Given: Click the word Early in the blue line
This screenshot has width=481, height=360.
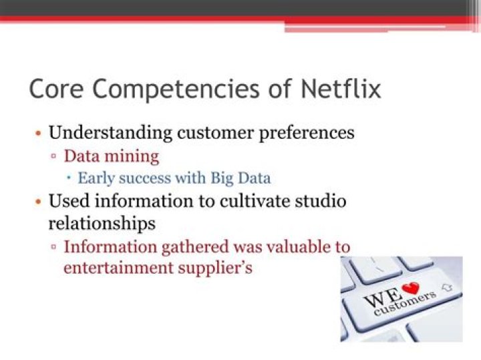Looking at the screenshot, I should pos(95,178).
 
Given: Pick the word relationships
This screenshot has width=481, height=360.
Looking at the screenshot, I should pos(102,222).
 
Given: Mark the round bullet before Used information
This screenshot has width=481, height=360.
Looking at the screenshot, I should pos(39,201).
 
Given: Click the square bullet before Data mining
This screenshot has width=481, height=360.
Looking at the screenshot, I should pos(54,158).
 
